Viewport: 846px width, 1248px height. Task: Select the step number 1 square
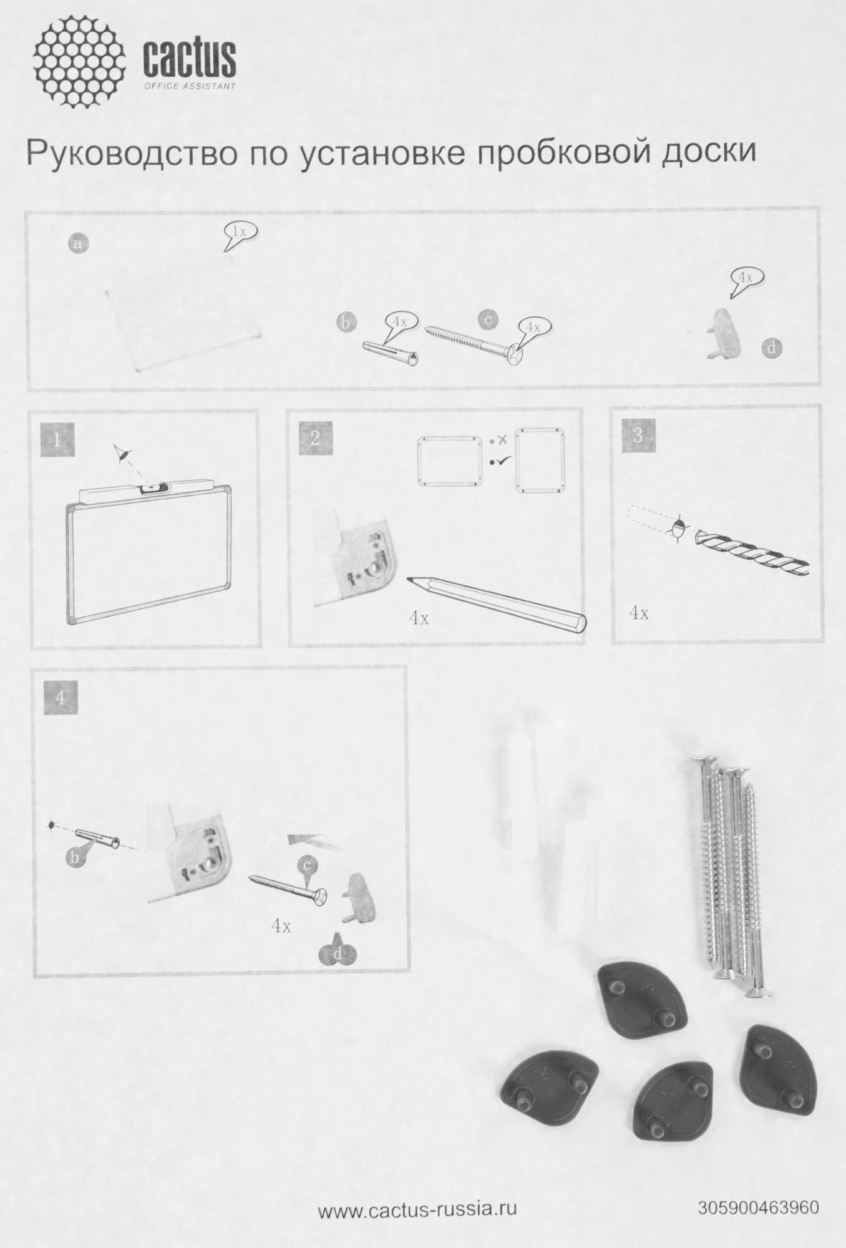tap(57, 439)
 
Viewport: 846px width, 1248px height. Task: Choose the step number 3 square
tap(638, 434)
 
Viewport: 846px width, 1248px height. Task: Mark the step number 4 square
tap(61, 698)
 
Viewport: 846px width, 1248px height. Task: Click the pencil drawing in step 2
tap(497, 605)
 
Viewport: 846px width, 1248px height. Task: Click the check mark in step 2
tap(500, 462)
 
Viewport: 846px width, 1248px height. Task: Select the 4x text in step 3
tap(639, 613)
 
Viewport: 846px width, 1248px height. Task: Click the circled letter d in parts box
tap(772, 348)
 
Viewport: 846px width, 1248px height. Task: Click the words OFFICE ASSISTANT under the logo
tap(190, 86)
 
